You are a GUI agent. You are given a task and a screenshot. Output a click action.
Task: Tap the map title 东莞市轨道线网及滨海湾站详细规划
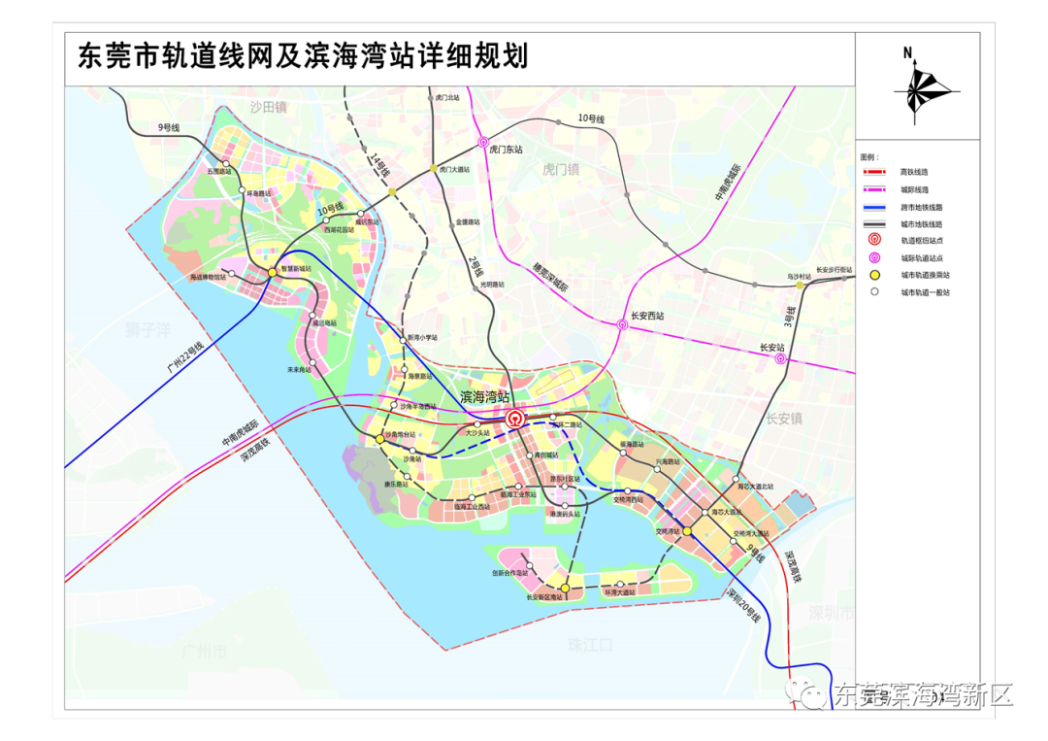(303, 55)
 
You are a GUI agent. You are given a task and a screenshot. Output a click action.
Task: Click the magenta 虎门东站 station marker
(483, 142)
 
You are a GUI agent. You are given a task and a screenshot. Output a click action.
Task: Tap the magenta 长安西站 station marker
(623, 325)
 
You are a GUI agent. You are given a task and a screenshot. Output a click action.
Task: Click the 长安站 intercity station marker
(781, 358)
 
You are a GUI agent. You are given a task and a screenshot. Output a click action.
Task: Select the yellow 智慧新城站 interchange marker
(273, 272)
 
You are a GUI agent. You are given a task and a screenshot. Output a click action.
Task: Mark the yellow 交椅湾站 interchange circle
(686, 531)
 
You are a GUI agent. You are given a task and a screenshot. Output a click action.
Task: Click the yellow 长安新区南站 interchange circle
(565, 588)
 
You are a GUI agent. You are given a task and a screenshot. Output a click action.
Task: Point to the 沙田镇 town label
(269, 107)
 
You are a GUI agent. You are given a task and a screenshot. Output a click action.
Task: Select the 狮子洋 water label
(147, 329)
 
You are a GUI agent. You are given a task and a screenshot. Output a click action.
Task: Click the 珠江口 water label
(591, 644)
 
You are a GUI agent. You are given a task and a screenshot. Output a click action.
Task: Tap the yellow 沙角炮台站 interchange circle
(379, 439)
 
